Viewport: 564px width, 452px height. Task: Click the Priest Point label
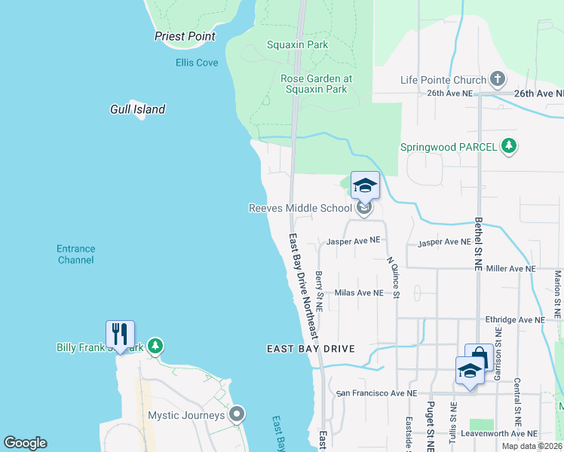185,36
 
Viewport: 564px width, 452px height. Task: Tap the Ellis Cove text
197,63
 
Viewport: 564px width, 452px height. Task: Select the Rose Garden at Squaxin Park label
316,84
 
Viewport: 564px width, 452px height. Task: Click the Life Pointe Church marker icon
497,79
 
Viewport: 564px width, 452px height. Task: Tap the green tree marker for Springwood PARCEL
510,146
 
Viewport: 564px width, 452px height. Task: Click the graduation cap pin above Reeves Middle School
365,185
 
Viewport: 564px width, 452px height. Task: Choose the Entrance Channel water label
76,254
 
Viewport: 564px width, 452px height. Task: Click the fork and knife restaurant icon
120,334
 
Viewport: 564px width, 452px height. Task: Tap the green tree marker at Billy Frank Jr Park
155,347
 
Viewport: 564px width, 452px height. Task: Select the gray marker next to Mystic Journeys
238,414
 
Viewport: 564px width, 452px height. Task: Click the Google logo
25,443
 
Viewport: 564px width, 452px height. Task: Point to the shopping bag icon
479,356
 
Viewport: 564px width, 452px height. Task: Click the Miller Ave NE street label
510,268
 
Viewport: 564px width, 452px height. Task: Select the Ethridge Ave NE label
515,319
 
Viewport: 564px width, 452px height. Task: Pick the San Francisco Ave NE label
376,393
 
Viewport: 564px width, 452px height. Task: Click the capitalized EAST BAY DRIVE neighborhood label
310,349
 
